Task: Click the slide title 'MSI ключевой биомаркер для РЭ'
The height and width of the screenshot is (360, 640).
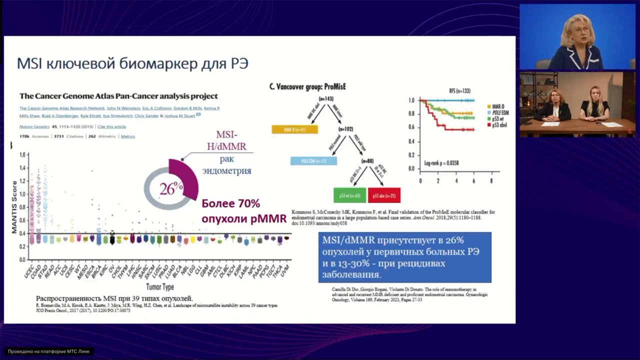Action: pos(132,64)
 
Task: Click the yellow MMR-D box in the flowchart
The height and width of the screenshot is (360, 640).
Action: pos(295,129)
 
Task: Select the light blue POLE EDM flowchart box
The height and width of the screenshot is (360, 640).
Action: pos(313,160)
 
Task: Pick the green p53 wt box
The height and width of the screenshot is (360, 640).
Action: pos(349,195)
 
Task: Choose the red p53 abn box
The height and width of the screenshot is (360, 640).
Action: pos(384,195)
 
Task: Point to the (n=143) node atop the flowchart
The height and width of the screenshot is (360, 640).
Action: pos(326,99)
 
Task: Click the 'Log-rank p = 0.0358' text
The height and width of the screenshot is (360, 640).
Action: pos(441,163)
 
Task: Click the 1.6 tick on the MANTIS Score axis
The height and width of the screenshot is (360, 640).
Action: pos(21,155)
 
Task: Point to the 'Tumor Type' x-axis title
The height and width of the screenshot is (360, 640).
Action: pos(160,287)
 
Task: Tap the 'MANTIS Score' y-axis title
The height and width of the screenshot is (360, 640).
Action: pos(14,207)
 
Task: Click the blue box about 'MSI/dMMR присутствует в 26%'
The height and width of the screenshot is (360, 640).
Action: pos(404,257)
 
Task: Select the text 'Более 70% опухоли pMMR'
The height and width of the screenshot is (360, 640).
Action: pos(244,211)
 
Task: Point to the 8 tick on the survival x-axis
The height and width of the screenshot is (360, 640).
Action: pos(491,180)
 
